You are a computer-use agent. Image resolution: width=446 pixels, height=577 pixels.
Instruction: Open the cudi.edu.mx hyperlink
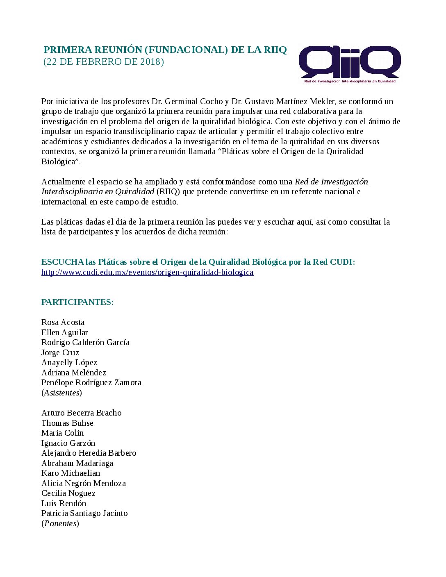pyautogui.click(x=147, y=273)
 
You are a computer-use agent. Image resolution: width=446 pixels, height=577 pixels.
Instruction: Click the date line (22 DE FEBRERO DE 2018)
pyautogui.click(x=104, y=62)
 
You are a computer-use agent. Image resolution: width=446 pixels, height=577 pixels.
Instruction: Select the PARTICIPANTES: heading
pyautogui.click(x=77, y=302)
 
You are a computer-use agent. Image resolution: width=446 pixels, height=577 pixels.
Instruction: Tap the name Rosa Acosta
pyautogui.click(x=63, y=323)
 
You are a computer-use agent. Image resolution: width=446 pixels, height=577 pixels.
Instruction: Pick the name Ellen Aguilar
pyautogui.click(x=64, y=333)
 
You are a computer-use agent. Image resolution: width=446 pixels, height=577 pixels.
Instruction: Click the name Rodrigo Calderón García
pyautogui.click(x=85, y=343)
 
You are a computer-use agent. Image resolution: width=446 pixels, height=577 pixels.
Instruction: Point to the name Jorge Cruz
pyautogui.click(x=60, y=353)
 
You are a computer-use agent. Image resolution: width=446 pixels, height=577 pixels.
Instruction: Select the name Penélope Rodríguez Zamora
pyautogui.click(x=91, y=383)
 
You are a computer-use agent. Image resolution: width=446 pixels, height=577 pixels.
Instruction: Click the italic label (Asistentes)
pyautogui.click(x=61, y=393)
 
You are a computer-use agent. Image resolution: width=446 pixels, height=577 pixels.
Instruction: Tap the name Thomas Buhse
pyautogui.click(x=67, y=423)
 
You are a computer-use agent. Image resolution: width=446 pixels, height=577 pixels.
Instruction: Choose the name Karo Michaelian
pyautogui.click(x=71, y=473)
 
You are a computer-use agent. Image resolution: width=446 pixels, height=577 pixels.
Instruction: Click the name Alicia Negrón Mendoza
pyautogui.click(x=83, y=484)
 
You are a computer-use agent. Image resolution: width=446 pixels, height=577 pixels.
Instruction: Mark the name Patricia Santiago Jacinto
pyautogui.click(x=84, y=513)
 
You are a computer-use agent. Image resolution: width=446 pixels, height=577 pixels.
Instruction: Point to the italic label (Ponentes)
pyautogui.click(x=60, y=524)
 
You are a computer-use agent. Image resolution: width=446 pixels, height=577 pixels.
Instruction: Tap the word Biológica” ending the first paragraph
pyautogui.click(x=61, y=162)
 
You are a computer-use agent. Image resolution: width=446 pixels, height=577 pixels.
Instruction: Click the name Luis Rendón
pyautogui.click(x=64, y=504)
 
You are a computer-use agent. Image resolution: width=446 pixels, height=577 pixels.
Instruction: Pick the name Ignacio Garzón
pyautogui.click(x=68, y=443)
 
